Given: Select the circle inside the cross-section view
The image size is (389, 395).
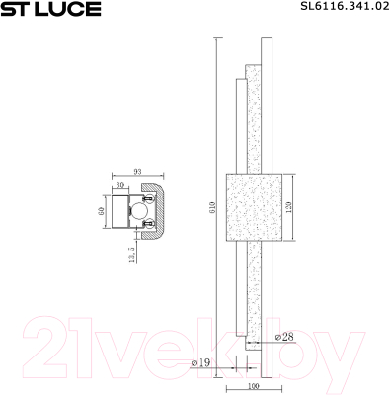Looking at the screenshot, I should coord(140,211).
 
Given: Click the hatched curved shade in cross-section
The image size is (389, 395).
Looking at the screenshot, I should coord(159,211).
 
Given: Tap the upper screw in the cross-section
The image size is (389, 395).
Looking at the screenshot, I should coord(149,197).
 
